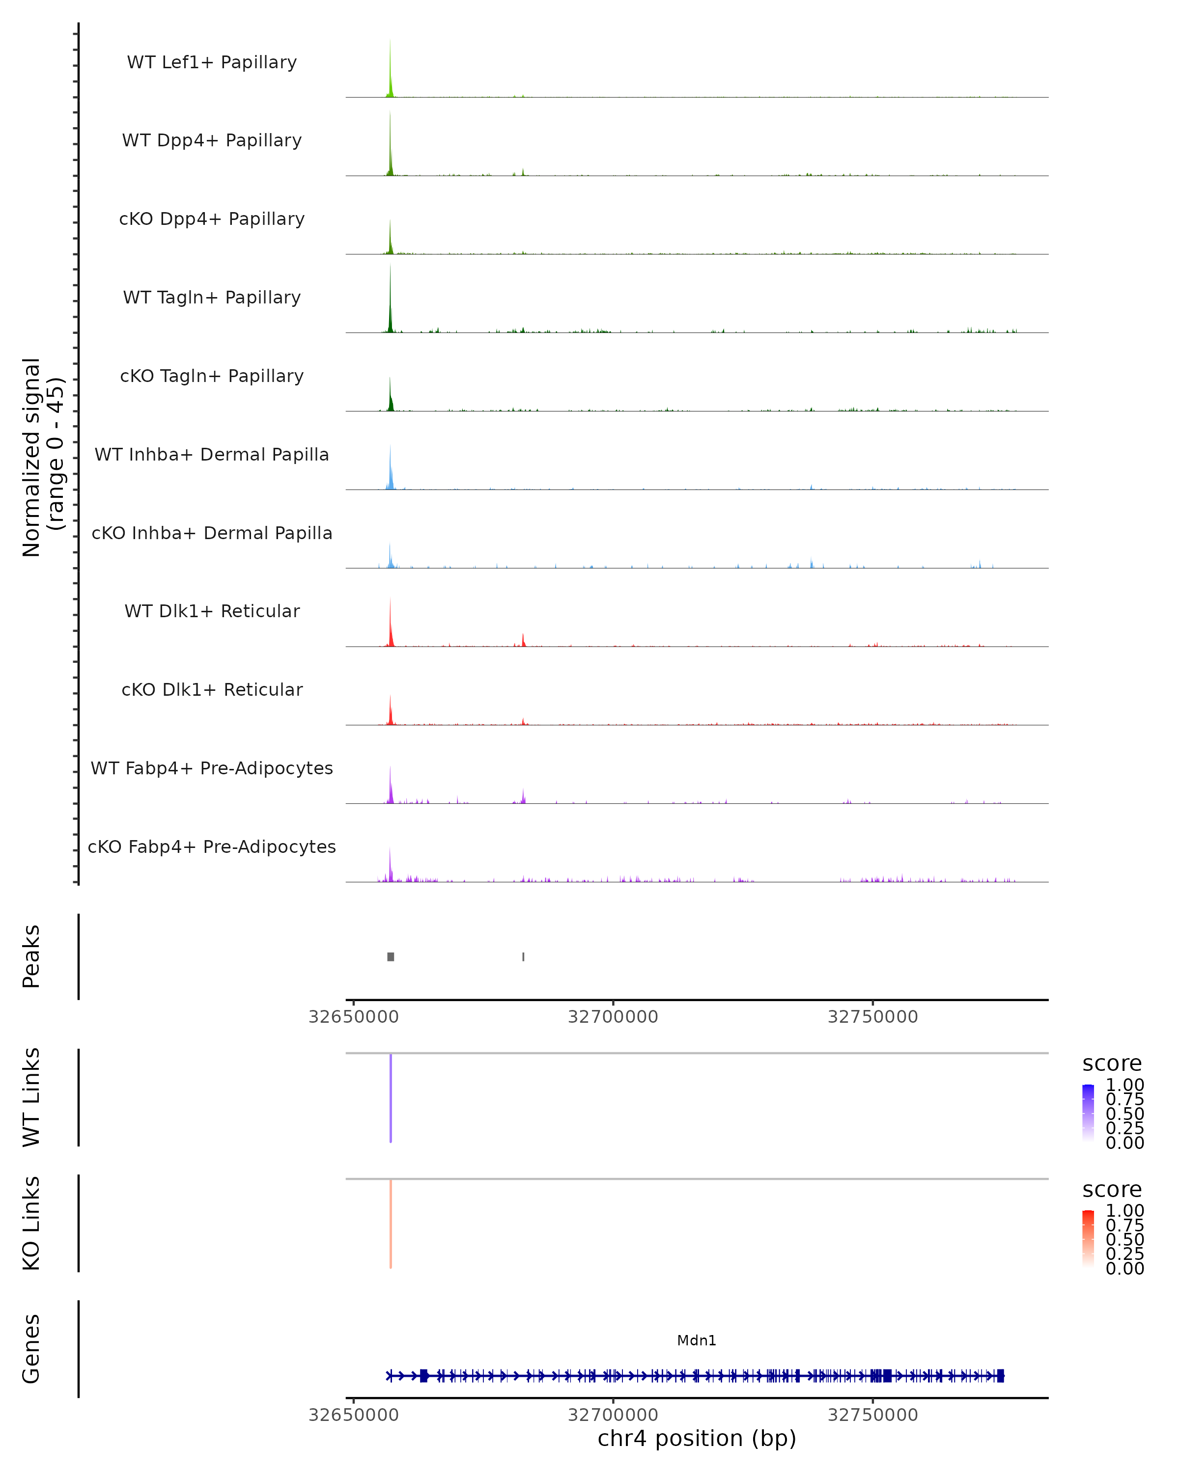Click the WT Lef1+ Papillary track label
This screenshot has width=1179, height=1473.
pos(212,62)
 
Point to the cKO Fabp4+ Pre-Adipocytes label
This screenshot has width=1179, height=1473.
pos(212,846)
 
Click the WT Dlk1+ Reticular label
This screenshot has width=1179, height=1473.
pos(212,611)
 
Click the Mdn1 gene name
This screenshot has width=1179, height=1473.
pos(697,1340)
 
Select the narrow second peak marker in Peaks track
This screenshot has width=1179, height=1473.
pos(524,956)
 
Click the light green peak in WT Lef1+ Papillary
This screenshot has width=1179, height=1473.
pos(390,75)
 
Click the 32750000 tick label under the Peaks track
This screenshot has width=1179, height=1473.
pos(873,1017)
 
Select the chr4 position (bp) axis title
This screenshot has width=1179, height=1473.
pos(697,1438)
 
